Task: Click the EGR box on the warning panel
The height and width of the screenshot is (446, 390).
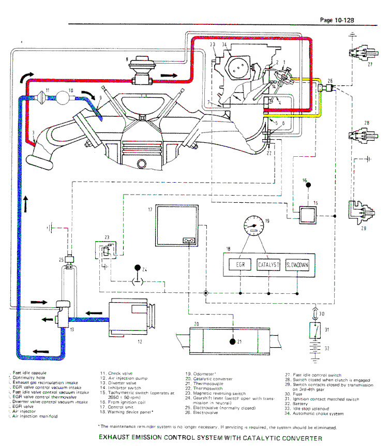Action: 239,265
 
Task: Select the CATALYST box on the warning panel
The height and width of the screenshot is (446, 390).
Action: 268,265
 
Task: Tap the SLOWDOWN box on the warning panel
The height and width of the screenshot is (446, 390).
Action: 297,265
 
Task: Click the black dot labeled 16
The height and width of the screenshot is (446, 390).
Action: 307,185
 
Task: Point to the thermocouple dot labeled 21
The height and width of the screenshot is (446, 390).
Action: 232,341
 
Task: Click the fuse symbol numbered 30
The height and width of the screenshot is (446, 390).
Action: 315,314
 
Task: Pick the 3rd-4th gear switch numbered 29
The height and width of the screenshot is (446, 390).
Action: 361,210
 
